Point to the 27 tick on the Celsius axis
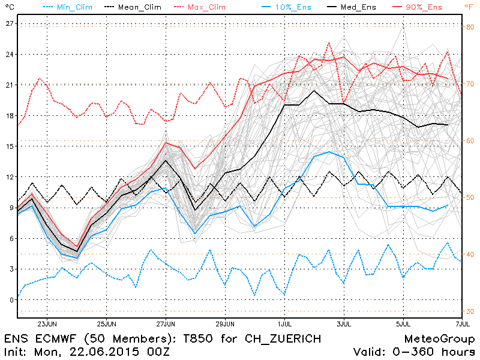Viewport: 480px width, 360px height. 10,23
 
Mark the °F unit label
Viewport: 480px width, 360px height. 469,7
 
